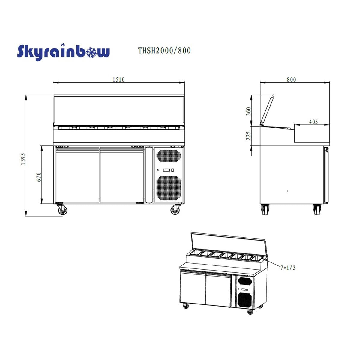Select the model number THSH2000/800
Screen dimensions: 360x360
tap(164, 51)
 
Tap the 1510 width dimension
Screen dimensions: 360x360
tap(118, 79)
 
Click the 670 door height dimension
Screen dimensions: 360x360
tap(39, 177)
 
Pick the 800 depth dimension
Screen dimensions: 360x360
tap(291, 79)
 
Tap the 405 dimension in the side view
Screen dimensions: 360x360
tap(313, 122)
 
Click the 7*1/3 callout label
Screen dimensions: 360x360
tap(288, 268)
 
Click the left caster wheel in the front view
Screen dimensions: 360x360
tap(62, 210)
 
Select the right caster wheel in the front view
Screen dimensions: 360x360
tap(175, 210)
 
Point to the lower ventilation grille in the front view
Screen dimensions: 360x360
tap(169, 188)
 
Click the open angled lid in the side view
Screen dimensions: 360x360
tap(267, 110)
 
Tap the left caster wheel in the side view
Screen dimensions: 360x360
tap(265, 209)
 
